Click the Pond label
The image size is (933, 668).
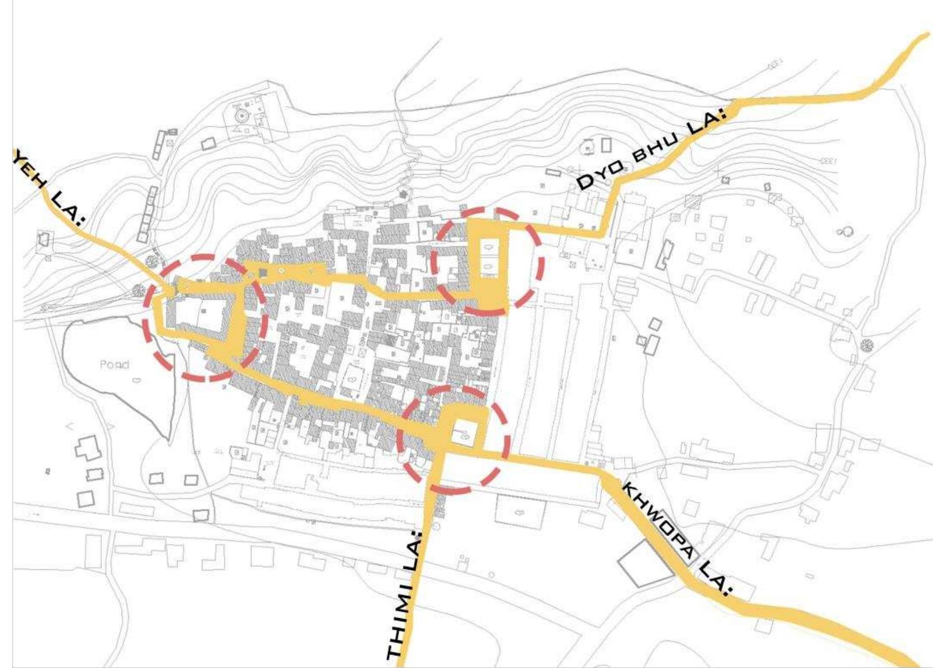coord(114,365)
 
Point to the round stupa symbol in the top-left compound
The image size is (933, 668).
coord(241,115)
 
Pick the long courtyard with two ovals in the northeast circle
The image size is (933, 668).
coord(489,258)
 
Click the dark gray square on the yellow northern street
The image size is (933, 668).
coord(263,272)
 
